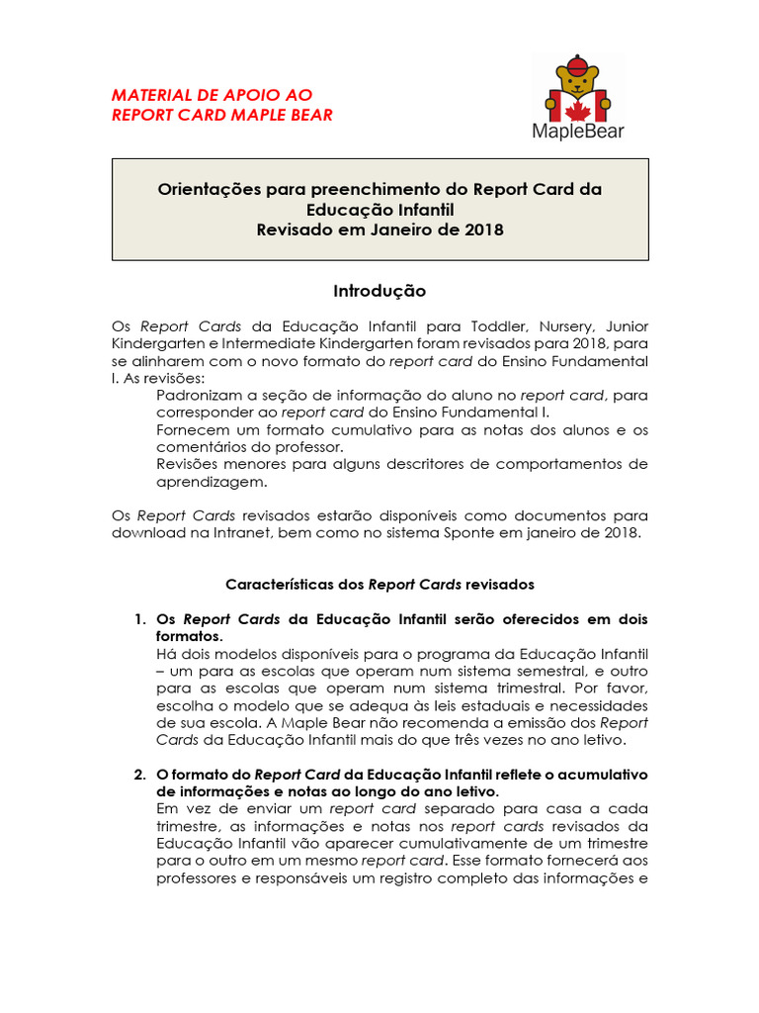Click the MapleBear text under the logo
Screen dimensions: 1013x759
click(x=578, y=131)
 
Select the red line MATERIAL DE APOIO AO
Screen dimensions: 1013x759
click(x=211, y=95)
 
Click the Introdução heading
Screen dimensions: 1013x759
click(x=379, y=291)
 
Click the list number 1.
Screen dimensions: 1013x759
click(x=138, y=619)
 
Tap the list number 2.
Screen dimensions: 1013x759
click(x=138, y=774)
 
